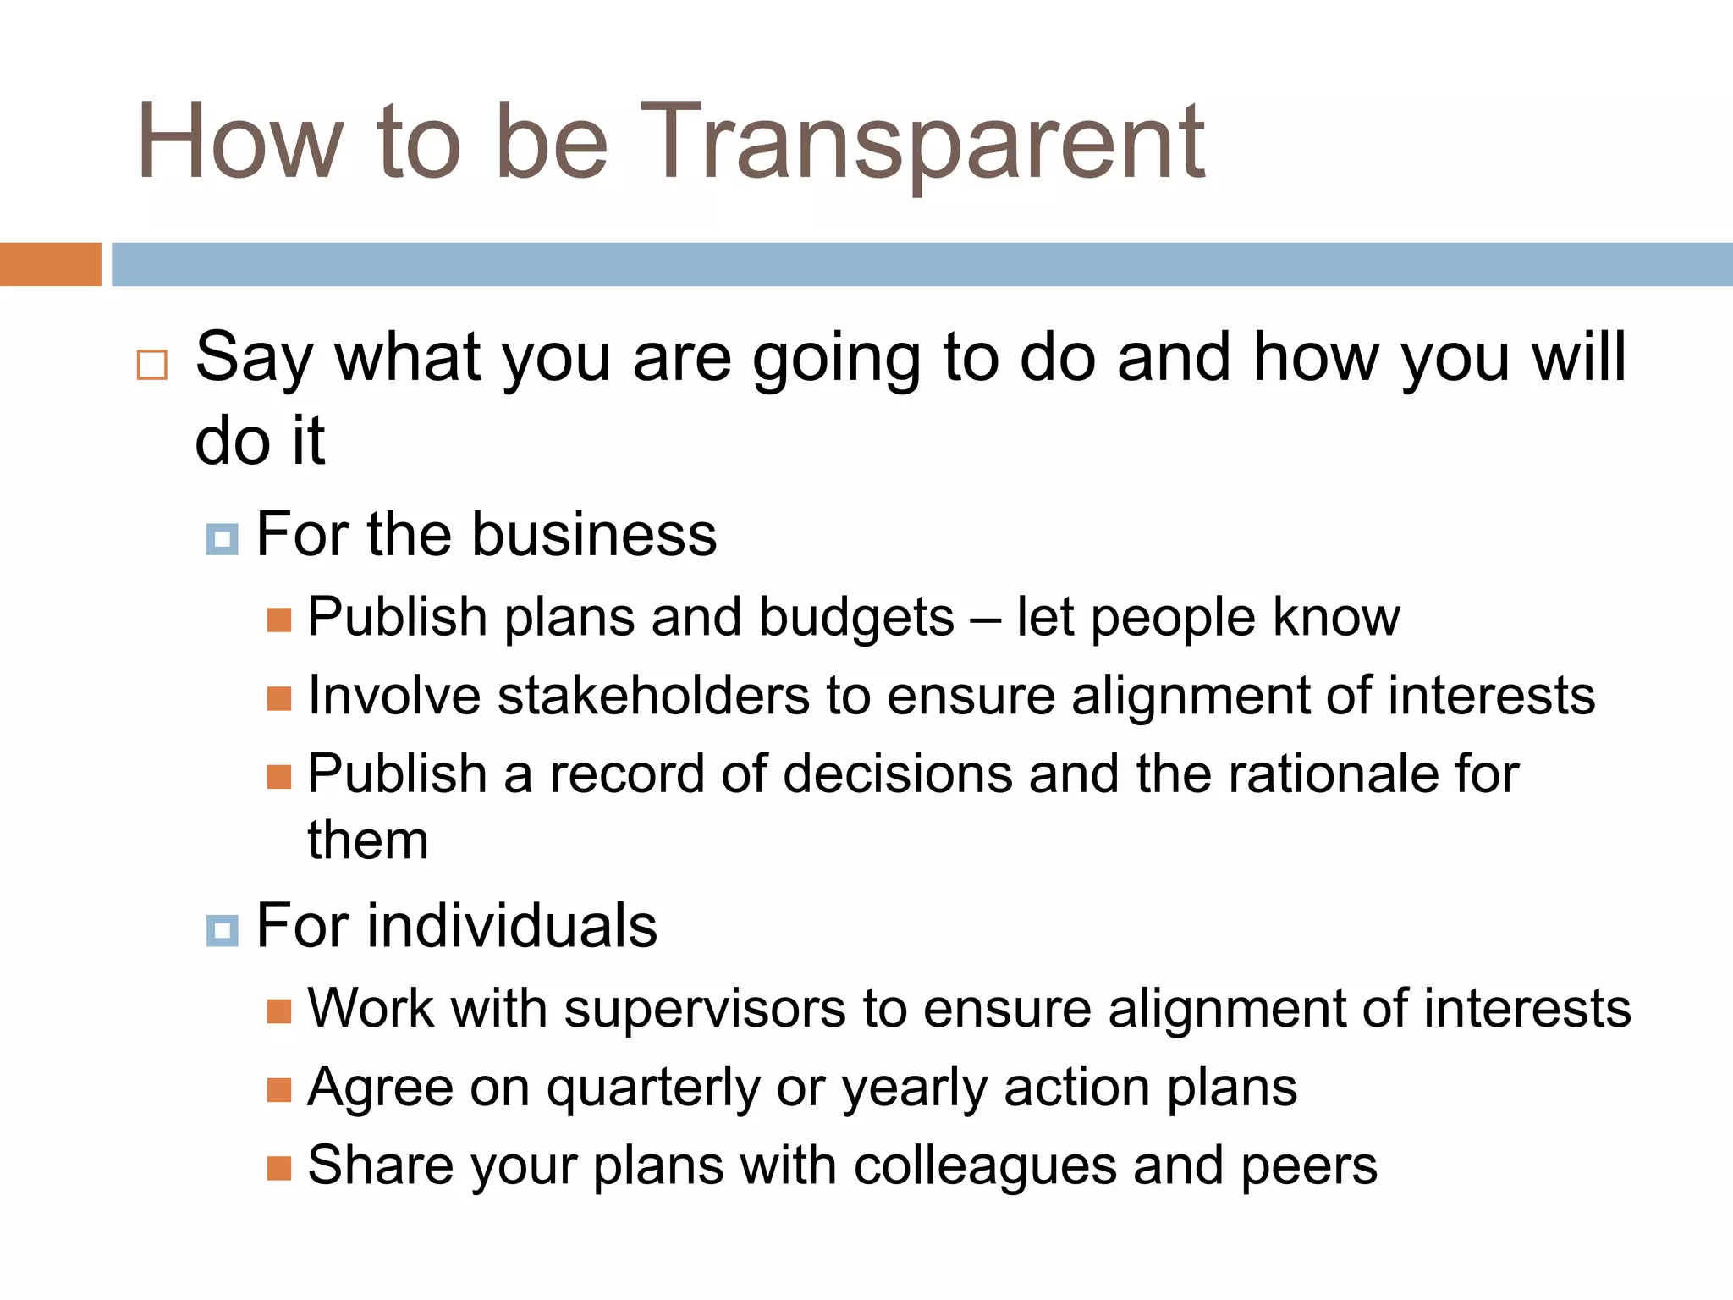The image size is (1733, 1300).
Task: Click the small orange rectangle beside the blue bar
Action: [50, 264]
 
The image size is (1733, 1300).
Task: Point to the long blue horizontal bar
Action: [922, 264]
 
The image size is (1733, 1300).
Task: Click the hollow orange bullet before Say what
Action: [152, 365]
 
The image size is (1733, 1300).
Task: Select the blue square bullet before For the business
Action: [223, 538]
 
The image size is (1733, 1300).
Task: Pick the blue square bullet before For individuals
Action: [223, 930]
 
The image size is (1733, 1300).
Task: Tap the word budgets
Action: [856, 618]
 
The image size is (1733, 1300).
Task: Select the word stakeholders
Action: [655, 696]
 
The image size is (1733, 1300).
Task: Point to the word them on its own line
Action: [368, 840]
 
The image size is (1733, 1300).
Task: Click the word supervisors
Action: [705, 1009]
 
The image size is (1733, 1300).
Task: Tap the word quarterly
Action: [654, 1088]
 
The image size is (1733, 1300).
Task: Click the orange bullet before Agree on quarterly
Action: [279, 1090]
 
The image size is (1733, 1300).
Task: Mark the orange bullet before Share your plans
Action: [279, 1168]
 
